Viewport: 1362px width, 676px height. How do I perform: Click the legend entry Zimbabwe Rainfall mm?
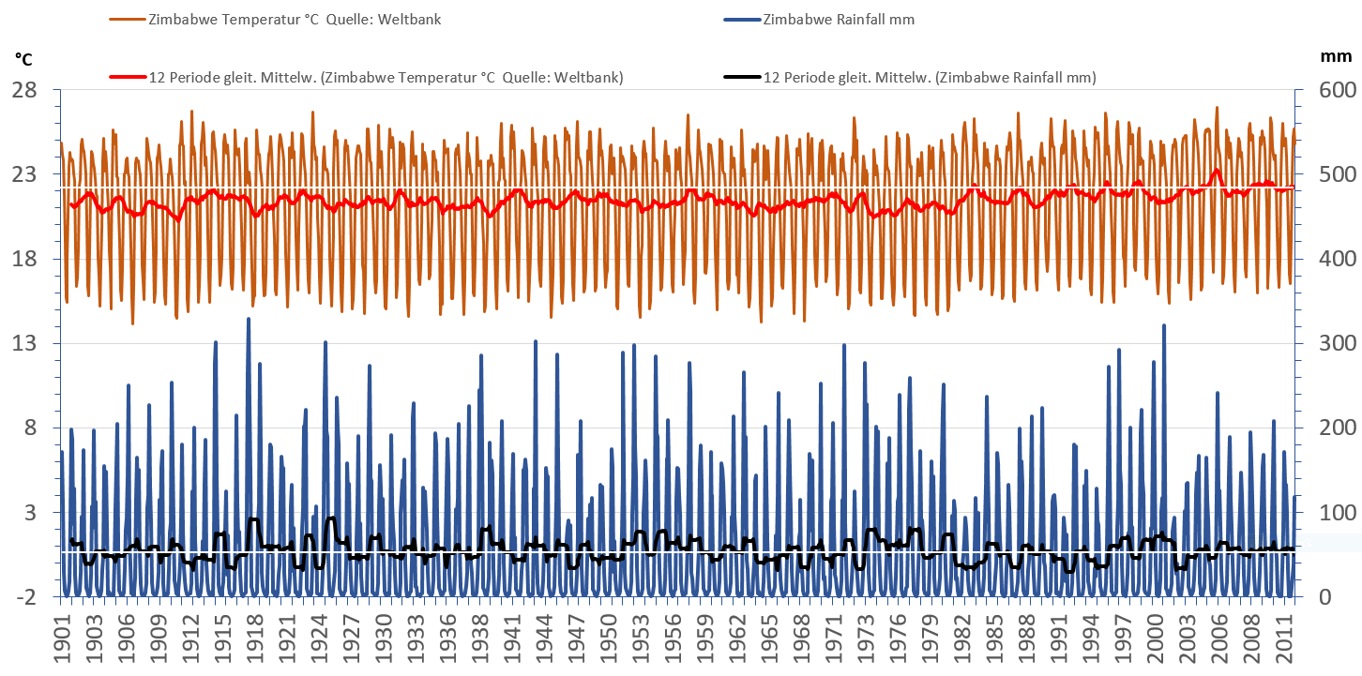(x=825, y=20)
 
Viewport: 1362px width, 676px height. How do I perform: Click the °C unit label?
(x=24, y=59)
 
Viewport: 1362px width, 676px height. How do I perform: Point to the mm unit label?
(x=1335, y=56)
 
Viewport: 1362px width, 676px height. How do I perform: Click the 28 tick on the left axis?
(x=24, y=90)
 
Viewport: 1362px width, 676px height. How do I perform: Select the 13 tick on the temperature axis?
(x=24, y=343)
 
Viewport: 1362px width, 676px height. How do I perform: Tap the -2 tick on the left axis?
(x=24, y=597)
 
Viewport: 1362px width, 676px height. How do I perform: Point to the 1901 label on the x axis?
(x=62, y=638)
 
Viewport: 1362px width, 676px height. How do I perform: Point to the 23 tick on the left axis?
(x=24, y=174)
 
